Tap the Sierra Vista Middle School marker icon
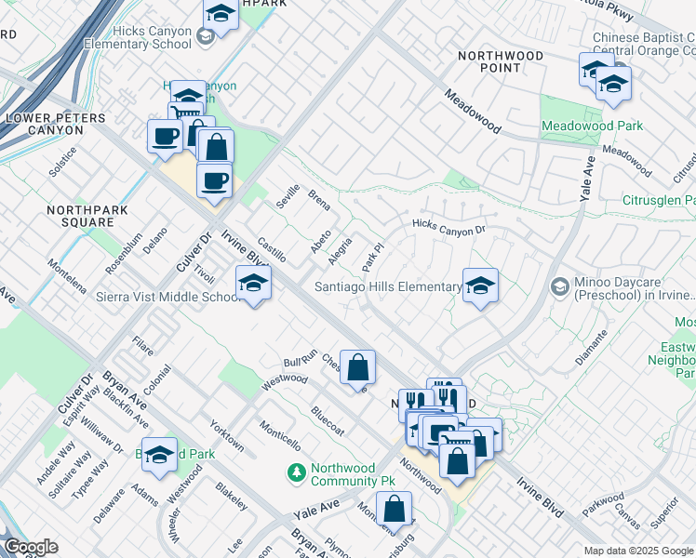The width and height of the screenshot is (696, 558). [252, 285]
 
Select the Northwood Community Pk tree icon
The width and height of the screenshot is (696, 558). [297, 473]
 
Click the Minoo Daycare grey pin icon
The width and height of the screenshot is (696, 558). [558, 285]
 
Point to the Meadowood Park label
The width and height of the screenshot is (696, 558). [593, 126]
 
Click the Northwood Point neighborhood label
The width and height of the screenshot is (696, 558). [501, 62]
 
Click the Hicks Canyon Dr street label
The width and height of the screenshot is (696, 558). [449, 227]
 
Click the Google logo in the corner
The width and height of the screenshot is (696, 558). [30, 546]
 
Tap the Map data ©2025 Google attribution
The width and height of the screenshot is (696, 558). [638, 551]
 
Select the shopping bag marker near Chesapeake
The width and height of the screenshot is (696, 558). [357, 367]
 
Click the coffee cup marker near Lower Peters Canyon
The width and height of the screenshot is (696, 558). [165, 136]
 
